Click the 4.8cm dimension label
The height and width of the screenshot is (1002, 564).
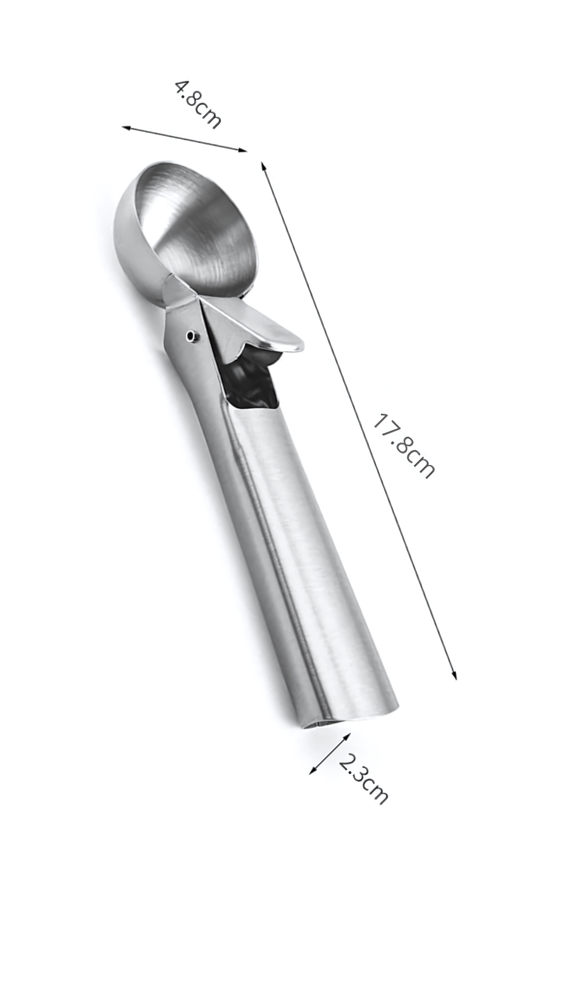point(197,104)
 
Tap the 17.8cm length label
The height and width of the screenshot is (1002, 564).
point(403,446)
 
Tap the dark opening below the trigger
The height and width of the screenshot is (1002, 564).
point(251,386)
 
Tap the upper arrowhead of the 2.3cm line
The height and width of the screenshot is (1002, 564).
point(348,735)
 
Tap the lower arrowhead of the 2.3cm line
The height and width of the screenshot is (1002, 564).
point(312,771)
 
